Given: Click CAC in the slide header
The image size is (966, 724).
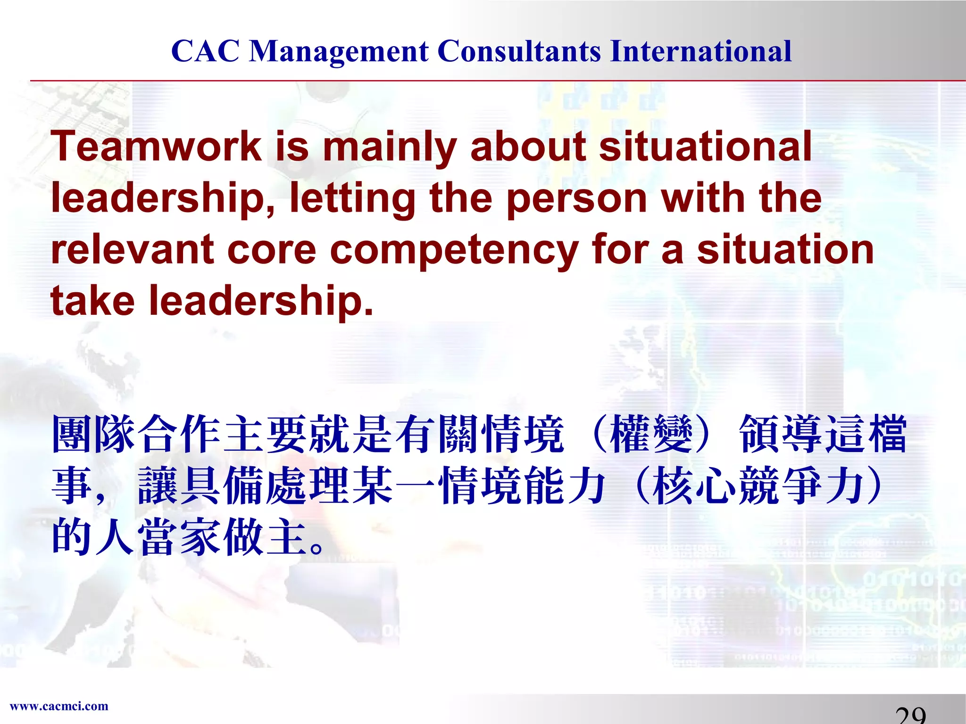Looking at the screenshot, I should point(205,51).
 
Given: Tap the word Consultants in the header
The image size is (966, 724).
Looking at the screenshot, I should point(519,51).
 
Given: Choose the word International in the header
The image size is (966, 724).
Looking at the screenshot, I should point(700,51).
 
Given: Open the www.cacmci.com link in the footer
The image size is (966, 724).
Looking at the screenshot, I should point(59,706).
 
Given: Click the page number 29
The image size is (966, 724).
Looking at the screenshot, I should point(910,716).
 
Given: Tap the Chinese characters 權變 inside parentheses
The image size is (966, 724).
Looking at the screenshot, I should point(651,434).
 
